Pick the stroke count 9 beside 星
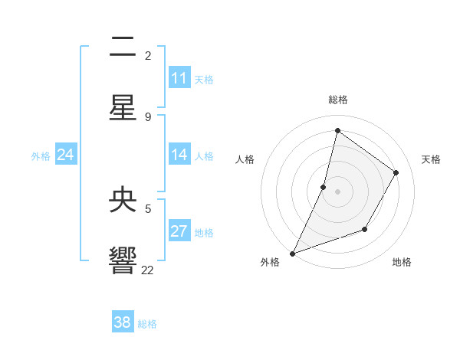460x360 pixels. pos(148,116)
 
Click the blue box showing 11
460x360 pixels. pos(179,78)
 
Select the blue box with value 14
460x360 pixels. pos(179,155)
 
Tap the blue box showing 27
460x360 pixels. pos(179,231)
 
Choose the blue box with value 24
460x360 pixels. pos(66,155)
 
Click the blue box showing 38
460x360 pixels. pos(123,322)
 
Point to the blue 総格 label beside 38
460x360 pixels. pos(147,324)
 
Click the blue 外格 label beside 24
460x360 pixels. pos(41,156)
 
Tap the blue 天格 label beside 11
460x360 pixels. pos(204,80)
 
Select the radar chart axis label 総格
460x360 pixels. pos(338,100)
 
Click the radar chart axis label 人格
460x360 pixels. pos(245,159)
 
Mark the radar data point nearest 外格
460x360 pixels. pos(292,254)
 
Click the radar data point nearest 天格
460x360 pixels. pos(396,172)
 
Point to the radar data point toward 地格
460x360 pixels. pos(365,229)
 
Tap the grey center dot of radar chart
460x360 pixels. pos(338,191)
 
